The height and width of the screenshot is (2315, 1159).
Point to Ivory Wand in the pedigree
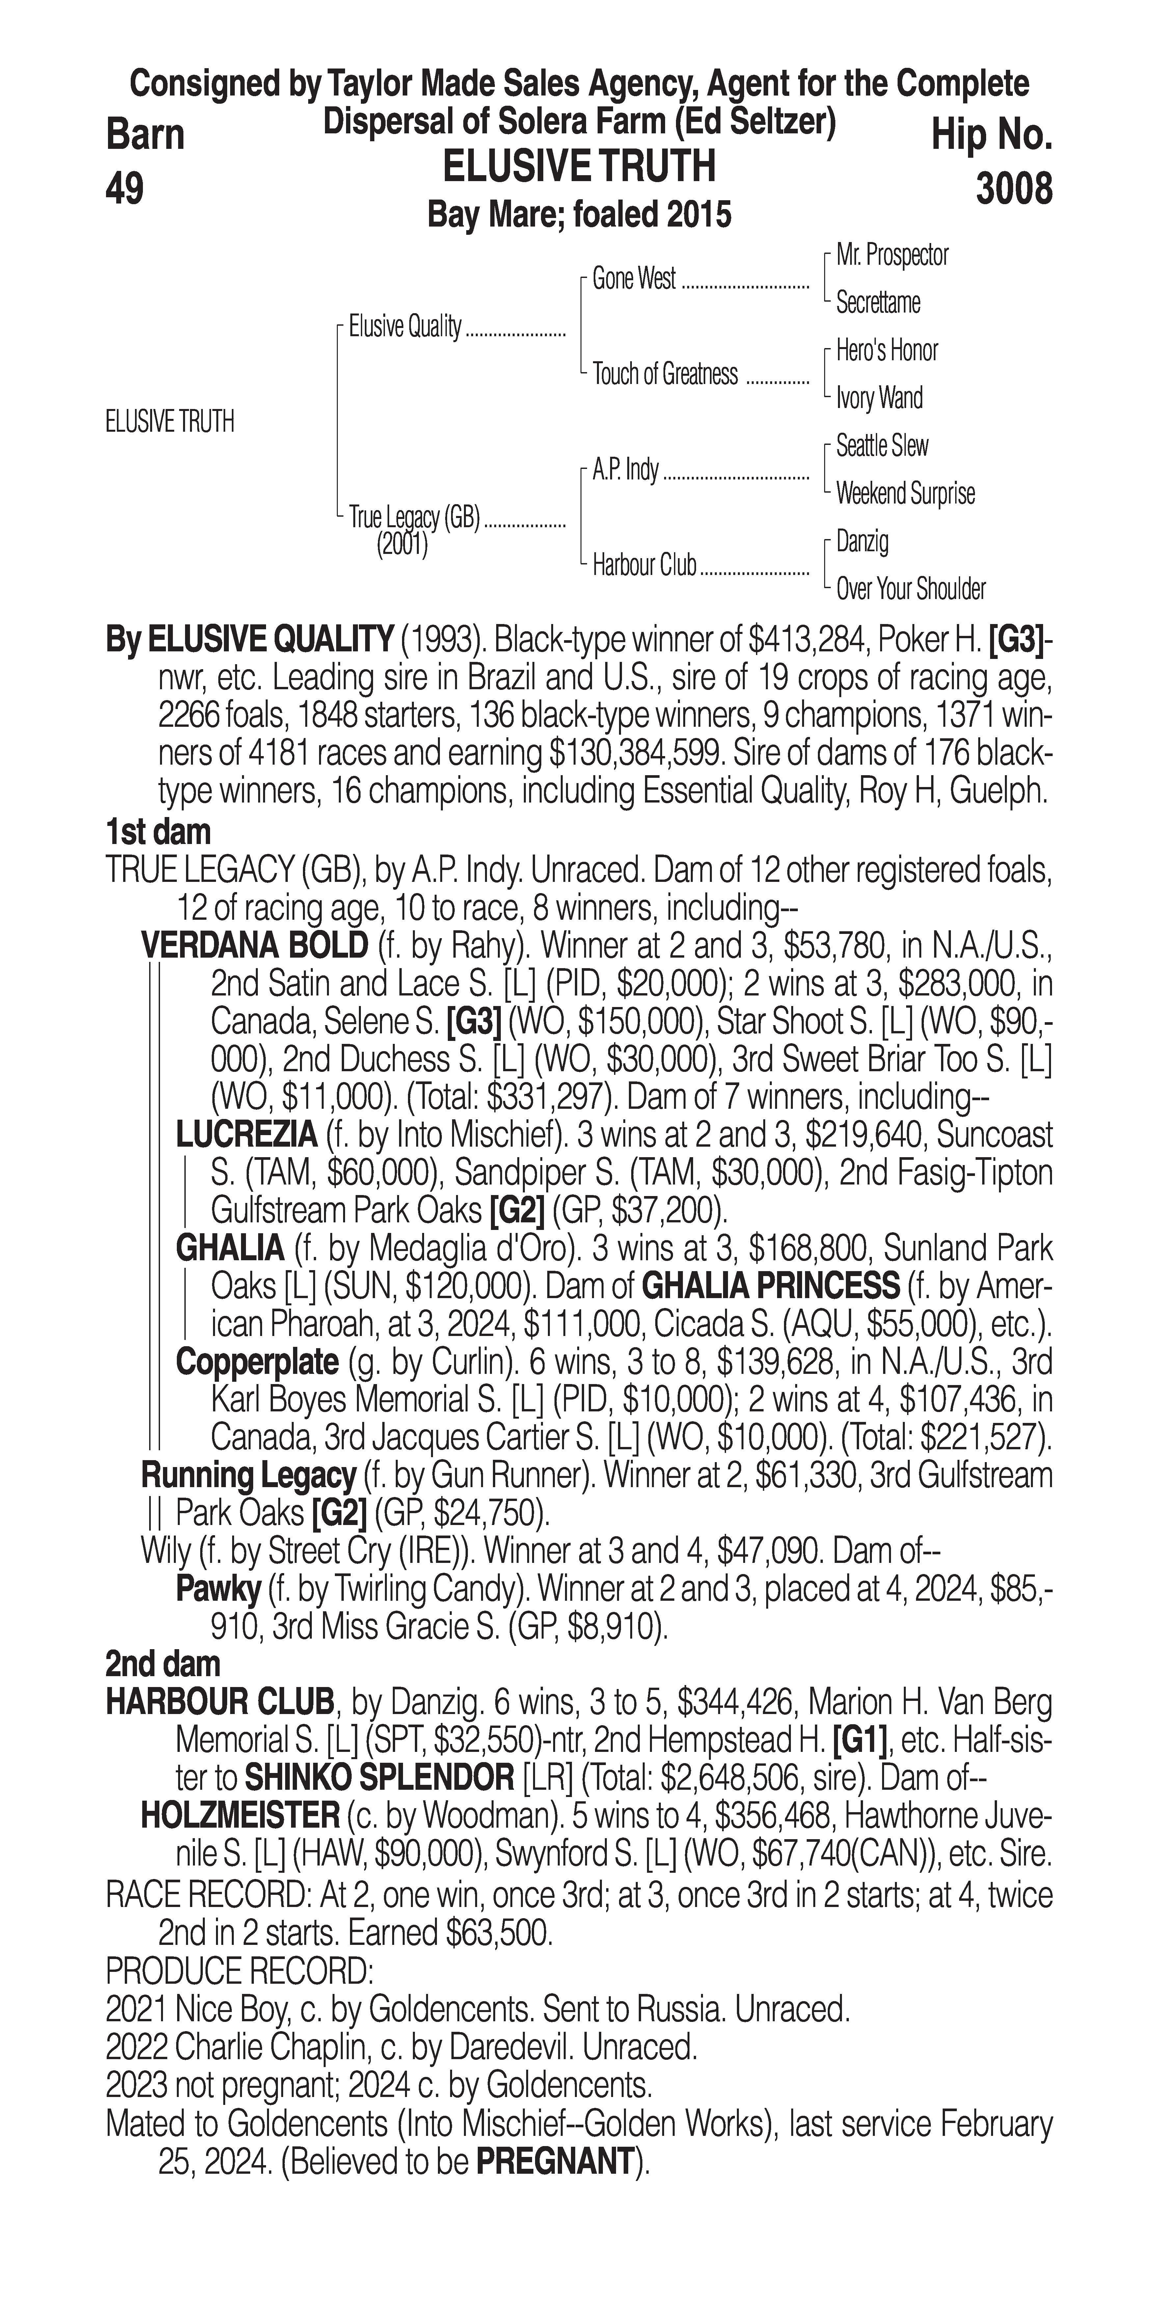pos(879,398)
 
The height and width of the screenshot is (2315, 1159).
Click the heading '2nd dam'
pos(163,1664)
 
